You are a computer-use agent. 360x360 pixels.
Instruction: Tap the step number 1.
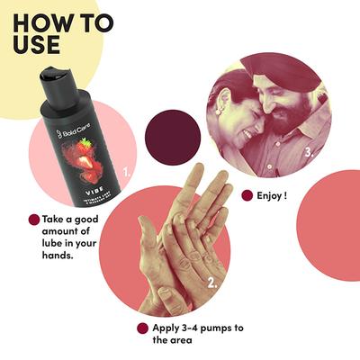pyautogui.click(x=126, y=168)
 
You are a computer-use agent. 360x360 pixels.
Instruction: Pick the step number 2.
pyautogui.click(x=212, y=283)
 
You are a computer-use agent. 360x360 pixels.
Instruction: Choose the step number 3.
pyautogui.click(x=310, y=152)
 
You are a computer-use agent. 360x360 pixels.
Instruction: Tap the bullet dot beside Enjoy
pyautogui.click(x=247, y=194)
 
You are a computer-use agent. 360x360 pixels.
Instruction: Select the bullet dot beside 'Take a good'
pyautogui.click(x=34, y=219)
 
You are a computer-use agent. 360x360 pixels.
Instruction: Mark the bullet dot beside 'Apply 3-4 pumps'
pyautogui.click(x=141, y=328)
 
